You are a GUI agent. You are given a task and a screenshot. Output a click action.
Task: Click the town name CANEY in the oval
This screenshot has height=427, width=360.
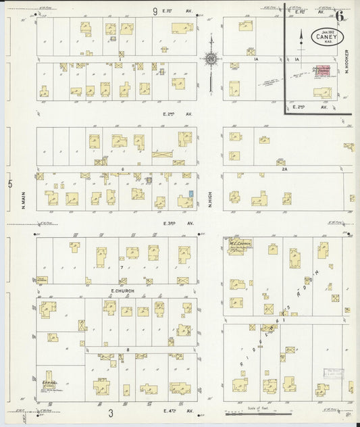point(328,37)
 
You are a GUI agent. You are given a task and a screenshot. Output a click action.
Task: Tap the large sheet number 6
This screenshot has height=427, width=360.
point(337,14)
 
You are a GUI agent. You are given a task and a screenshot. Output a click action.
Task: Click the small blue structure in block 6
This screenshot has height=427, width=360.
point(191,195)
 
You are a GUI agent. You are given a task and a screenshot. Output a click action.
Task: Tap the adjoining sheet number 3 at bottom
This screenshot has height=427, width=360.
point(110,413)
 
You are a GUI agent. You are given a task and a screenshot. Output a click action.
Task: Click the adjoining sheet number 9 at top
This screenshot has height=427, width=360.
point(154,11)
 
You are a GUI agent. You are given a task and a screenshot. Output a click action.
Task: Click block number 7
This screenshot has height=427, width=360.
point(122,268)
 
